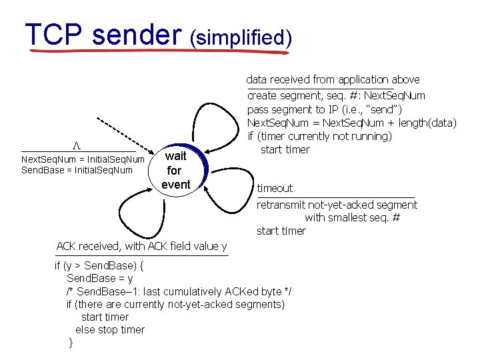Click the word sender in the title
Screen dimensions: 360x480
(x=137, y=35)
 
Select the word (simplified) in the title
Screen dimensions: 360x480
(x=241, y=37)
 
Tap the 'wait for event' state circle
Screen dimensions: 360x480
(x=176, y=170)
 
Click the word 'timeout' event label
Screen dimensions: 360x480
(x=275, y=188)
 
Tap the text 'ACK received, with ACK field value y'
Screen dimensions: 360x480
(x=141, y=246)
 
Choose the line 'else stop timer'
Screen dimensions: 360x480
(x=110, y=329)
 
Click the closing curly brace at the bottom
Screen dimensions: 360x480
(x=71, y=343)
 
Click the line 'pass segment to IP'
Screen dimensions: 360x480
(x=334, y=109)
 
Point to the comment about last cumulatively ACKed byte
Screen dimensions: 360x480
(x=179, y=291)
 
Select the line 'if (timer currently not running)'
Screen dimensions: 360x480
(x=319, y=136)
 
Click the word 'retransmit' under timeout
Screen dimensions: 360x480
(x=281, y=205)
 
